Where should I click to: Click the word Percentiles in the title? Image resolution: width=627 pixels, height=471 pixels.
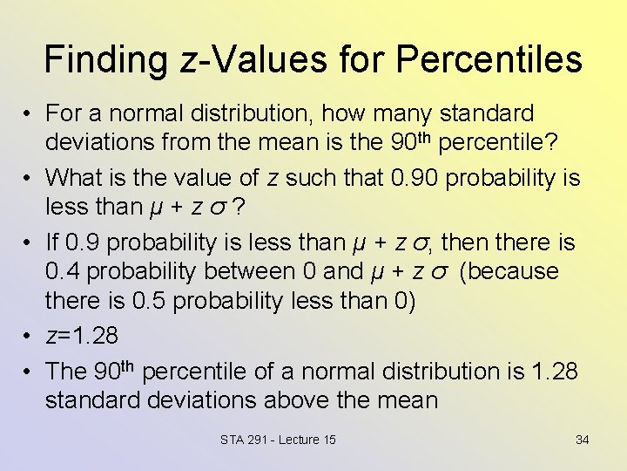489,59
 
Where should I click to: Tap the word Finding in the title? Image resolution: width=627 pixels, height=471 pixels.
104,59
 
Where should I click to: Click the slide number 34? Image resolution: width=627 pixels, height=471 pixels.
582,440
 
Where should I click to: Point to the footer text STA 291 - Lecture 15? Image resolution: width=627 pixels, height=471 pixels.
278,440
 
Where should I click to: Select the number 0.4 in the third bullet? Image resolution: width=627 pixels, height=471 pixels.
64,271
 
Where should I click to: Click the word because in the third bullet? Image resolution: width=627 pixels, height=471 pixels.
513,271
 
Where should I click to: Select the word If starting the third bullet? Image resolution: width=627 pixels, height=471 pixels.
52,242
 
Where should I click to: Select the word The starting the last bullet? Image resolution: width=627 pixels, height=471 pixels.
65,372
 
